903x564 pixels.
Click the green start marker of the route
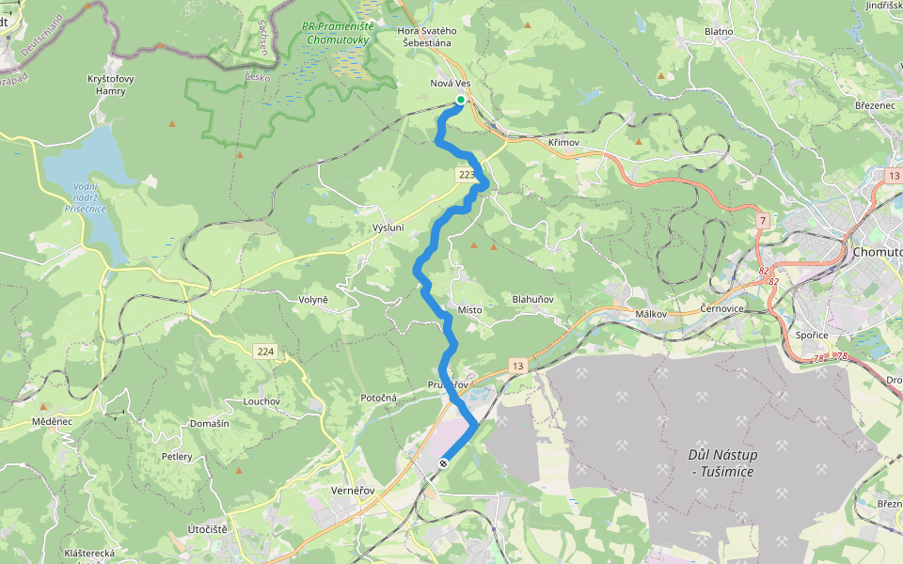[461, 100]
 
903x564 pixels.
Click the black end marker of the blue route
[443, 462]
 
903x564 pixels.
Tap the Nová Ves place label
[450, 84]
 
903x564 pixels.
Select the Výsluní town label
[388, 228]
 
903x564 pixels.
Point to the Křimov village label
[563, 142]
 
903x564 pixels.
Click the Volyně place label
[312, 300]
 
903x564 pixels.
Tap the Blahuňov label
[532, 300]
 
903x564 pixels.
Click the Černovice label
[722, 309]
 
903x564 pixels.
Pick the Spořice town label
[811, 335]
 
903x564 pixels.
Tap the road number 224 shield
[265, 352]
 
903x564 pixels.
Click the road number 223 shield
[467, 175]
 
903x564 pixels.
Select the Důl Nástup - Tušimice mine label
[723, 462]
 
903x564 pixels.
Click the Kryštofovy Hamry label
[110, 85]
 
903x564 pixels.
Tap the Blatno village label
[719, 32]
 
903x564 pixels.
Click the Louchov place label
[261, 401]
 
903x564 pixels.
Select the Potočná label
[379, 399]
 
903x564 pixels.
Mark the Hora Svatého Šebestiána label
[427, 37]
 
